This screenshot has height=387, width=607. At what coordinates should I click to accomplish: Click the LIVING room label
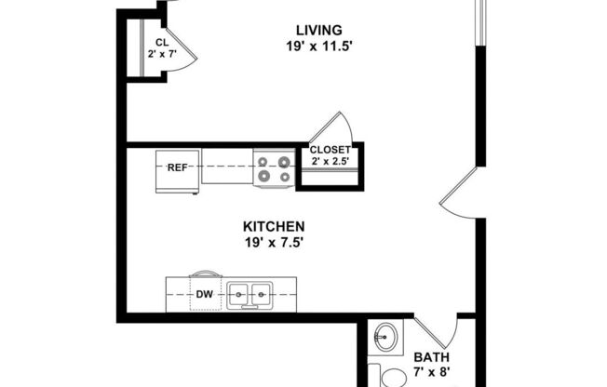click(x=318, y=30)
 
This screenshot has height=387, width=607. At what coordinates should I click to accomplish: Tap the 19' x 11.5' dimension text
click(x=318, y=44)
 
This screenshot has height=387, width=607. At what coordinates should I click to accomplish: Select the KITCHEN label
click(x=274, y=226)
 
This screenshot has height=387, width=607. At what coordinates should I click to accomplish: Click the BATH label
click(x=431, y=357)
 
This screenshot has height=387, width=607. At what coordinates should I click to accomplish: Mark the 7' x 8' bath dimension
click(x=431, y=372)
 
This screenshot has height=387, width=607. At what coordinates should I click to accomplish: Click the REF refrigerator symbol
click(x=178, y=168)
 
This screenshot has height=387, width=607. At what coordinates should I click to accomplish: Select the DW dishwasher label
click(x=205, y=296)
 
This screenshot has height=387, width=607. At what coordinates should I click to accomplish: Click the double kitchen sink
click(x=250, y=296)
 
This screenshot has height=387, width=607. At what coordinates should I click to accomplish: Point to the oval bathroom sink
click(x=385, y=336)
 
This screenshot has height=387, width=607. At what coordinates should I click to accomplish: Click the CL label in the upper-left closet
click(x=162, y=43)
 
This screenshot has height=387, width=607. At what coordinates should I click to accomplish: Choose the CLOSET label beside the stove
click(x=330, y=150)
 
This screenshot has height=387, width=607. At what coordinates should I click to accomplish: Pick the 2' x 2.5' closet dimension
click(x=330, y=163)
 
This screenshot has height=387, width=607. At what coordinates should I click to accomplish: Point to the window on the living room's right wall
click(x=481, y=22)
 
